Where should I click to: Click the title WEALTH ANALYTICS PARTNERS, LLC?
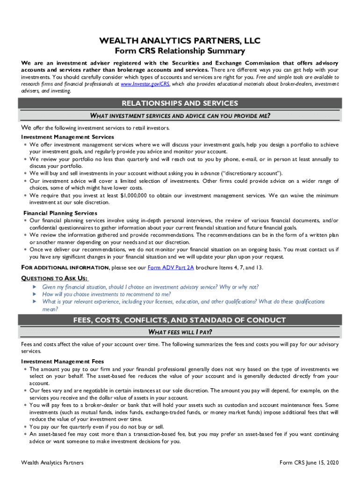(x=180, y=42)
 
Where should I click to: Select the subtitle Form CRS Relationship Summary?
(x=180, y=51)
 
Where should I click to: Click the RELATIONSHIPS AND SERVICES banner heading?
(x=180, y=103)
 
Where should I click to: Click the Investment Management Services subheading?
(x=67, y=137)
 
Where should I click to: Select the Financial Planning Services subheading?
(x=60, y=213)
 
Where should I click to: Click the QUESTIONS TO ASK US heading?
(x=54, y=278)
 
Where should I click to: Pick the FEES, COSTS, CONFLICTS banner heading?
(x=180, y=320)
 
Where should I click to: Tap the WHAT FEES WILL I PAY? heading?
(x=180, y=333)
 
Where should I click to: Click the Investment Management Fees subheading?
(x=62, y=362)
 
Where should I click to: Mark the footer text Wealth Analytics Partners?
(x=52, y=463)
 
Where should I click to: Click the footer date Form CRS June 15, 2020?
(x=309, y=463)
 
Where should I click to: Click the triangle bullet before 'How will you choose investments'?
(x=34, y=295)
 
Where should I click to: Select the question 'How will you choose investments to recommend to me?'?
(x=107, y=295)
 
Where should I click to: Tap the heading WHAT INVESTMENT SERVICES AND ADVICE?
(x=180, y=116)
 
